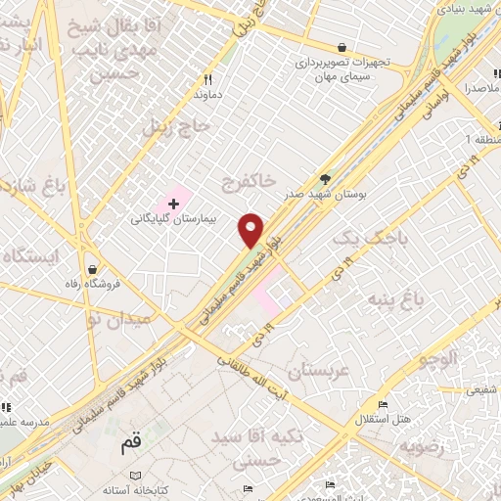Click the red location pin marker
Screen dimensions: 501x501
(251, 230)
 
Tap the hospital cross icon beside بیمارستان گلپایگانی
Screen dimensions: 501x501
(173, 204)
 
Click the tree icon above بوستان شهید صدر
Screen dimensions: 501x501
(325, 178)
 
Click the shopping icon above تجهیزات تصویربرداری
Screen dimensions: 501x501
(341, 46)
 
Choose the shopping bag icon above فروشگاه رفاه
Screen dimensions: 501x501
(92, 268)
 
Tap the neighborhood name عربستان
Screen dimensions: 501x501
(319, 371)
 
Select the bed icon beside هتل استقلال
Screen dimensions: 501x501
(383, 404)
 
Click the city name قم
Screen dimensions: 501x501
(131, 446)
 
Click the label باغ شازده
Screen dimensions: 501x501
(29, 183)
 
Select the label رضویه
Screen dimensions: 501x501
(422, 447)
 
